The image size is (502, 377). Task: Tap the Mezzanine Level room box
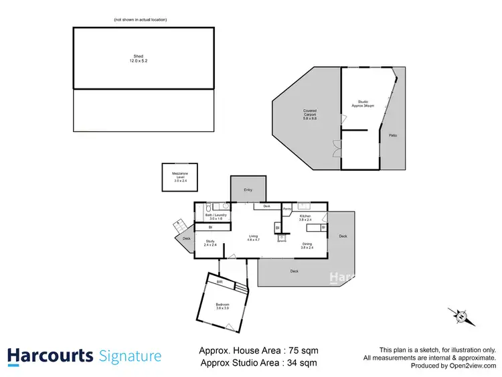coord(179,179)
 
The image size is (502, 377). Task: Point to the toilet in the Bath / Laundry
coord(209,207)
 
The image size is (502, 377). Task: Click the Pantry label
coord(286,210)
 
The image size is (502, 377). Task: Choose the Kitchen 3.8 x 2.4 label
coord(305,218)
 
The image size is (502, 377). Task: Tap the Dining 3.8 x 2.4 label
coord(307,246)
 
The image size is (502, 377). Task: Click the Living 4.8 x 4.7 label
coord(254,238)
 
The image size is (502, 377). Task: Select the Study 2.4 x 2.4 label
coord(210,243)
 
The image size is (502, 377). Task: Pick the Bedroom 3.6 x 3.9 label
coord(222,306)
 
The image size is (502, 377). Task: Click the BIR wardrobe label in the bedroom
coord(219,283)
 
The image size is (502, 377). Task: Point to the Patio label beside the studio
coord(394,136)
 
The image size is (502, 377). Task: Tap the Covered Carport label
coord(309,112)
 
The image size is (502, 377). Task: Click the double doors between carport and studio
coord(337,148)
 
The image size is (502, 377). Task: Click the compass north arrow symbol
coord(461,315)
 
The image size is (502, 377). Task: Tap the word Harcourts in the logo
coord(50,356)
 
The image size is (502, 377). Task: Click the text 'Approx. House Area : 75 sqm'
coord(259,350)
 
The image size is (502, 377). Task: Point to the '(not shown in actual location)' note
coord(141,19)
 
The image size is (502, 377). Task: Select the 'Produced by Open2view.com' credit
coord(453,366)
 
